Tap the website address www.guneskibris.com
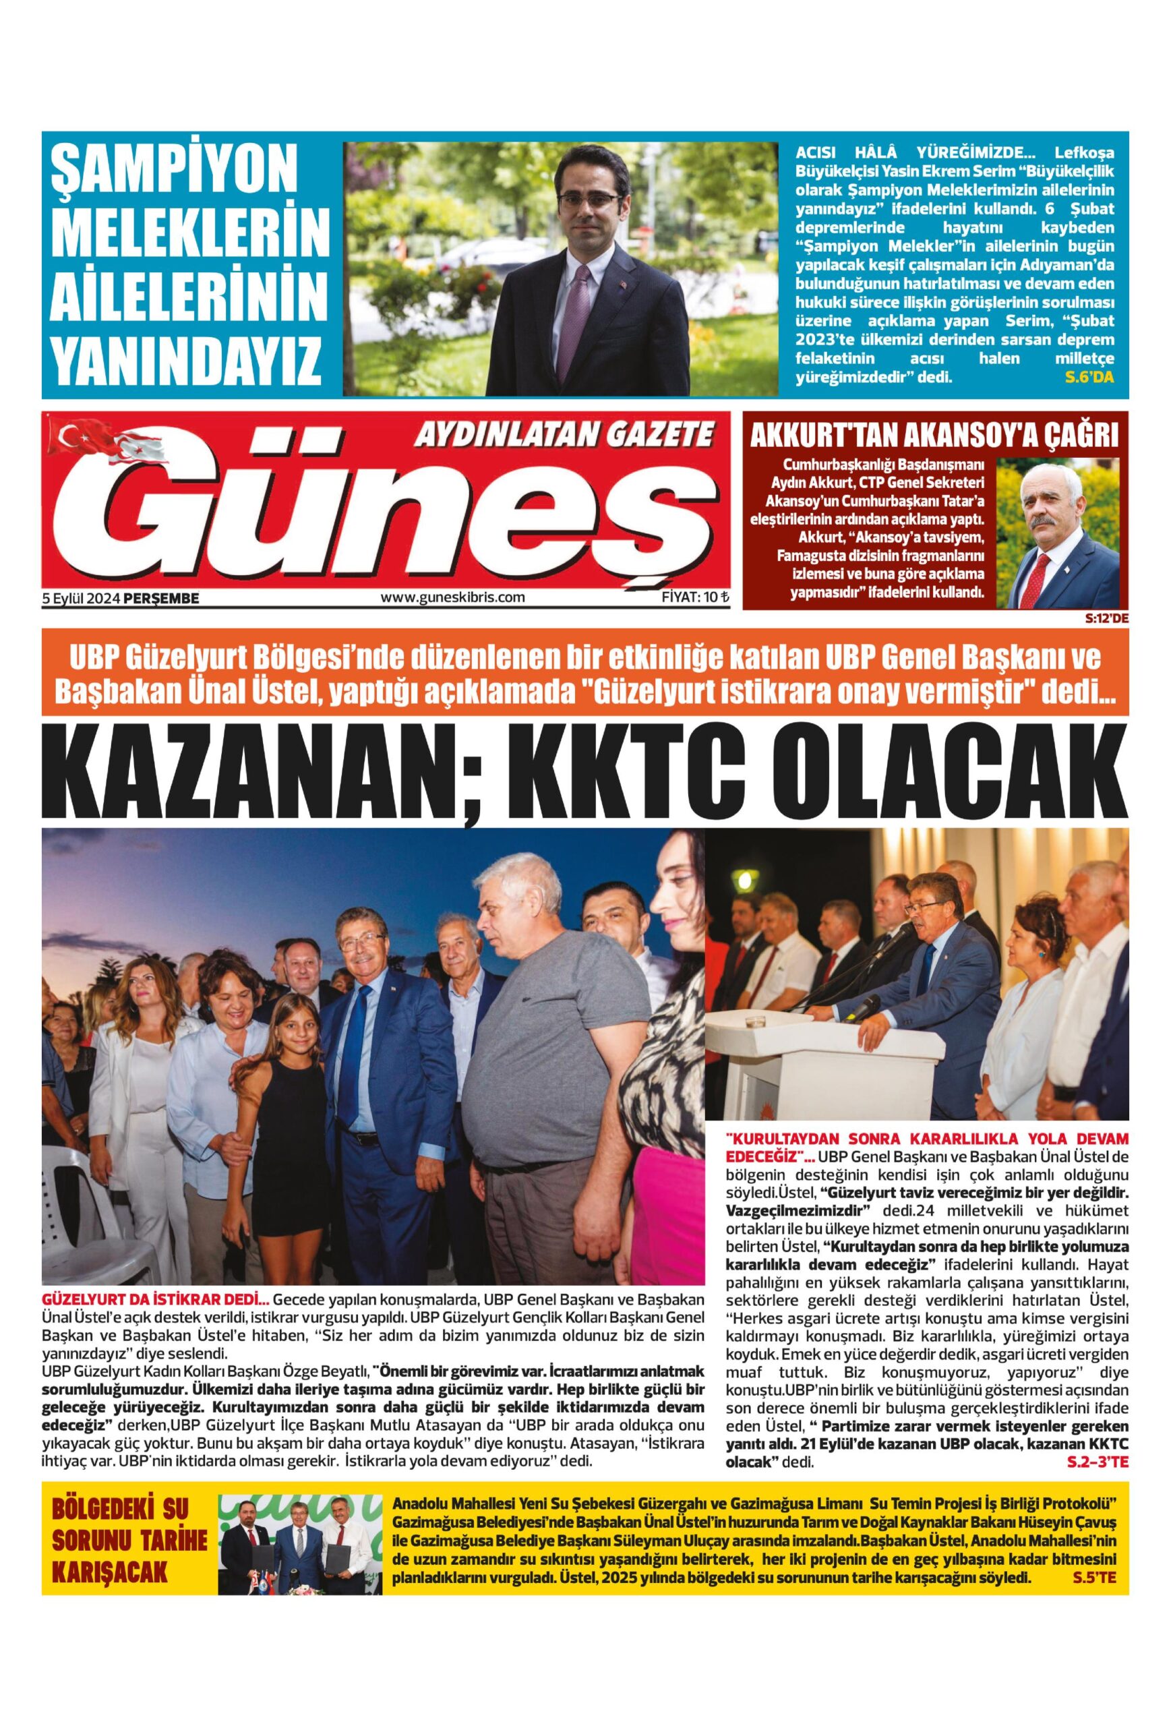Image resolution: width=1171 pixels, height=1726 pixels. click(452, 597)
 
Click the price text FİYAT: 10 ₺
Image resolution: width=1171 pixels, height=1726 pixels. click(695, 597)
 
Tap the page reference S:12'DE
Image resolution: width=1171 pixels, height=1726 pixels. click(1106, 616)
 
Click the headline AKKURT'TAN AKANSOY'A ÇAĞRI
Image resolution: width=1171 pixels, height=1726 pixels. click(934, 436)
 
